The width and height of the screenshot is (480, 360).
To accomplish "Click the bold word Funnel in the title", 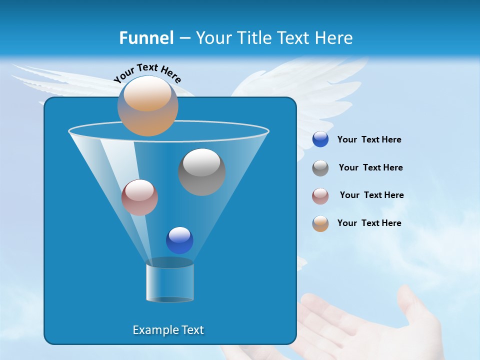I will point(146,37).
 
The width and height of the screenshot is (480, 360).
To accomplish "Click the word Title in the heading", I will point(253,37).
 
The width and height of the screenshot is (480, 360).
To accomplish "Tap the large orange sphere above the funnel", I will point(147,106).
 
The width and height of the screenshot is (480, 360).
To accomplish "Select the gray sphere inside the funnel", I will point(201,171).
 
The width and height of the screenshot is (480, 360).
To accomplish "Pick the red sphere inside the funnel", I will point(139,197).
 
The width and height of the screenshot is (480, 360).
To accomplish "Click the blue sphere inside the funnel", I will point(179,240).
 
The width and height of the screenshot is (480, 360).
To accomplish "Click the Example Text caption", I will point(168,330).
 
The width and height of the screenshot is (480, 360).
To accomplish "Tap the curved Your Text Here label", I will point(147,73).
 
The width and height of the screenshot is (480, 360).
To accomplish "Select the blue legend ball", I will point(320,139).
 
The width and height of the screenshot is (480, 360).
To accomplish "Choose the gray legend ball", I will point(320,168).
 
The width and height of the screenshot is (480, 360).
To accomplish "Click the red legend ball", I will point(320,196).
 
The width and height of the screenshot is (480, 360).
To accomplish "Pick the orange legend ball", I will point(320,223).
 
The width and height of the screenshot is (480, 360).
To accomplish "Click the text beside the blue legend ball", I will point(369,140).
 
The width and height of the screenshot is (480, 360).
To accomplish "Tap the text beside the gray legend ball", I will point(370,168).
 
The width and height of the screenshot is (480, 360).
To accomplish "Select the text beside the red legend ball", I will point(371,195).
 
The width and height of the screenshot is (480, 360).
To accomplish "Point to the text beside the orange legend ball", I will point(369,223).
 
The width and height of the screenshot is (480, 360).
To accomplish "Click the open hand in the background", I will point(370,325).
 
